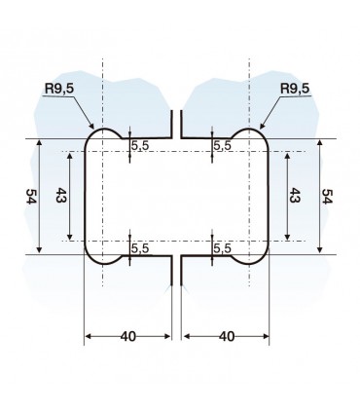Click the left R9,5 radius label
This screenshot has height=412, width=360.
click(59, 89)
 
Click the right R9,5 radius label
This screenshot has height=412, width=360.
click(295, 89)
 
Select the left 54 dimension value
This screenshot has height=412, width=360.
click(30, 196)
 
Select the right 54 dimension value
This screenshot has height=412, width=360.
click(327, 196)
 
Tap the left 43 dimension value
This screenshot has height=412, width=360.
click(60, 195)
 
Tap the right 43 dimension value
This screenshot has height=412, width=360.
click(294, 195)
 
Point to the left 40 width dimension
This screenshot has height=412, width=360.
click(128, 337)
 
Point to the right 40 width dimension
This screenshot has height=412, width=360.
click(227, 337)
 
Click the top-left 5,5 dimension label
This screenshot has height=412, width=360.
click(140, 146)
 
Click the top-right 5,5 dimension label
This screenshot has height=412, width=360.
click(223, 146)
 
